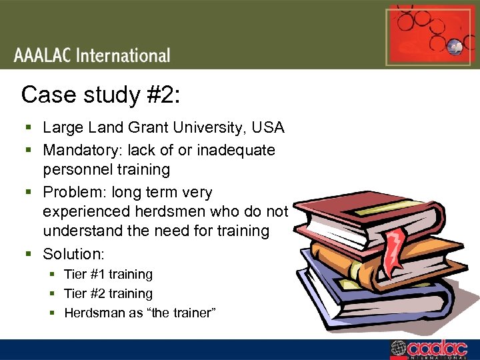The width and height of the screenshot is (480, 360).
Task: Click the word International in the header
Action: click(x=123, y=55)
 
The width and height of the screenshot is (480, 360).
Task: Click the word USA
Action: click(x=269, y=127)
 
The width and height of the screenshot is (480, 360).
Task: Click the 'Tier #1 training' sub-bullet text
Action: click(x=108, y=274)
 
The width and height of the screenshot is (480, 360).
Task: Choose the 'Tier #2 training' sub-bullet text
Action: click(x=108, y=293)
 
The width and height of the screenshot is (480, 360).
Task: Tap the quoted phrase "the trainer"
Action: click(x=181, y=313)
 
